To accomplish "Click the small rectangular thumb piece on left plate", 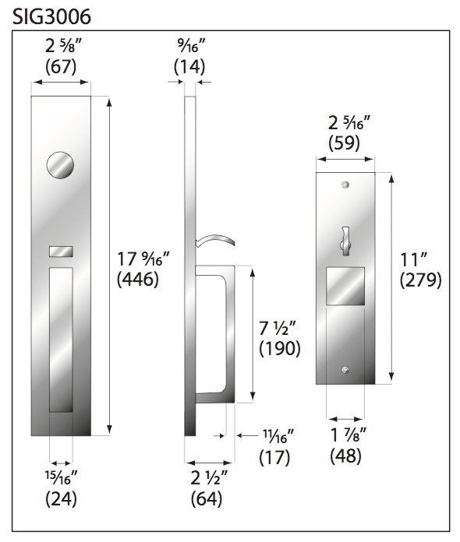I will [61, 252].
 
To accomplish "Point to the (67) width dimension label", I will [60, 67].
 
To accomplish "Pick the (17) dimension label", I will [274, 457].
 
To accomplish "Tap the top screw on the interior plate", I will [344, 185].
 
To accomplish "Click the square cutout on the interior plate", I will [344, 285].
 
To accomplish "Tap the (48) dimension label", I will [345, 456].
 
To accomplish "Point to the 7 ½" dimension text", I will [278, 328].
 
